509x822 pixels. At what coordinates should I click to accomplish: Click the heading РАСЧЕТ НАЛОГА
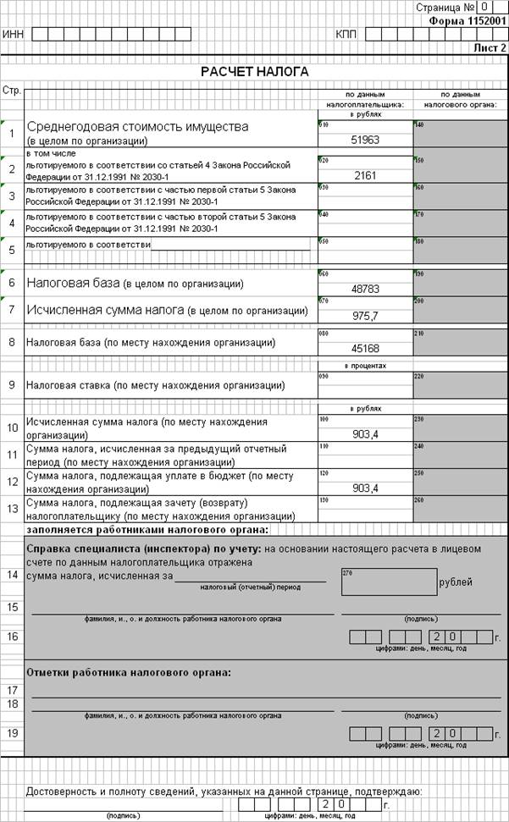[x=254, y=72]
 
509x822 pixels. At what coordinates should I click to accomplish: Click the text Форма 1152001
[x=467, y=19]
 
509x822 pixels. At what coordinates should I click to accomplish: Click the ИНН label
[x=13, y=35]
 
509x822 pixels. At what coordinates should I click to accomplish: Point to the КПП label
[x=346, y=35]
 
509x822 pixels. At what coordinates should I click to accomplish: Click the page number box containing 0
[x=483, y=7]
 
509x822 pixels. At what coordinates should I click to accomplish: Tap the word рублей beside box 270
[x=456, y=582]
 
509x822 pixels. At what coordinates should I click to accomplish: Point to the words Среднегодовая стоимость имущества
[x=138, y=126]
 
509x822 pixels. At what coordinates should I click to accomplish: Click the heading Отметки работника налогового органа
[x=129, y=673]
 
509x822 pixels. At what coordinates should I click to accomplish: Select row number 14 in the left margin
[x=12, y=575]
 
